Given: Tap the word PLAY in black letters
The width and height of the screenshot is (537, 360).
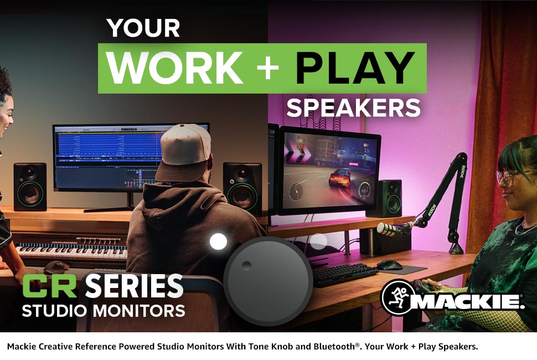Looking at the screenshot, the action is (x=355, y=68).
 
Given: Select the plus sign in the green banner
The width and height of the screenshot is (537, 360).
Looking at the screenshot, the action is (x=268, y=68).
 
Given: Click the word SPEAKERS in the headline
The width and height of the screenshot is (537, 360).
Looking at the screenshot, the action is (x=353, y=108).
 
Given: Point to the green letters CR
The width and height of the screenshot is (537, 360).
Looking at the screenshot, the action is (x=50, y=286).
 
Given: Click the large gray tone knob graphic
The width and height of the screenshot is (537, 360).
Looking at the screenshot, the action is (x=268, y=281).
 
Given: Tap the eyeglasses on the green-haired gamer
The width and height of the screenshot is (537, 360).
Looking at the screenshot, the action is (x=507, y=177).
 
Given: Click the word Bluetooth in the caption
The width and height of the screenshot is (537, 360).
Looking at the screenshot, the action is (x=334, y=346).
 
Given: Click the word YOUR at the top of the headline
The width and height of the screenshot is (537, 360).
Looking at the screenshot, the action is (x=143, y=28).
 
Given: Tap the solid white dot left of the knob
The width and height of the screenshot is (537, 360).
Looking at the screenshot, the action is (x=218, y=241).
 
